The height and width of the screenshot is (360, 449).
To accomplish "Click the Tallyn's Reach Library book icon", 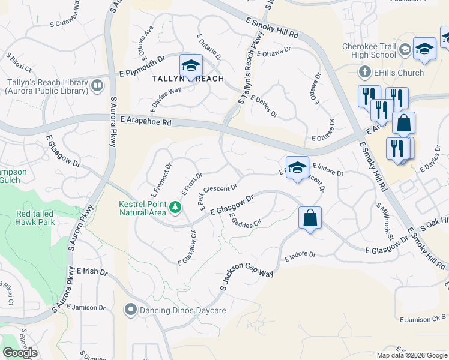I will pyautogui.click(x=97, y=86).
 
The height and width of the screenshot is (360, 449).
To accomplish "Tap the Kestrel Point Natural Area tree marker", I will pyautogui.click(x=175, y=208).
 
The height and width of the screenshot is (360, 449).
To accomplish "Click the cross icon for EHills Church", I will pyautogui.click(x=364, y=73).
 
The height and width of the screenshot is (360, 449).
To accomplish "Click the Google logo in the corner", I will pyautogui.click(x=20, y=352).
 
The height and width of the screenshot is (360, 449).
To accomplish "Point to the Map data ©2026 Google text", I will pyautogui.click(x=412, y=355).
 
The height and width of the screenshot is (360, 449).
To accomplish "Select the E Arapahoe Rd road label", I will pyautogui.click(x=145, y=121).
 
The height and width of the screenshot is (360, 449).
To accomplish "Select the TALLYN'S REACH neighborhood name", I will pyautogui.click(x=179, y=79).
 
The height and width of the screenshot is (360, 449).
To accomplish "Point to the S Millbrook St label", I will pyautogui.click(x=384, y=221).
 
